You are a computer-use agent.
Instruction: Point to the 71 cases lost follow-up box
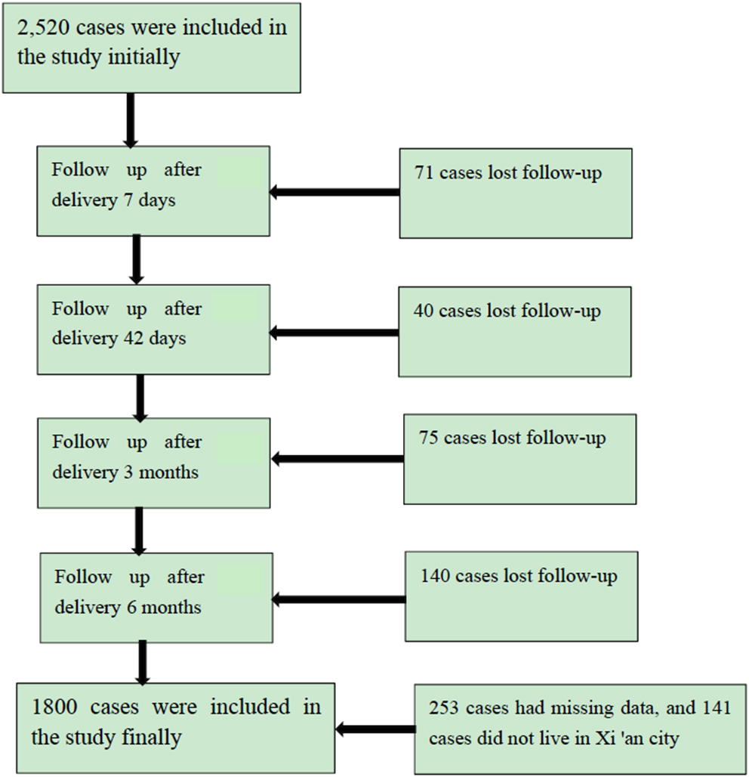[x=516, y=193]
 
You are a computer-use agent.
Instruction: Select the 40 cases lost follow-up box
[x=515, y=331]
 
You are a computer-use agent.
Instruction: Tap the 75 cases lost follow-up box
[x=519, y=458]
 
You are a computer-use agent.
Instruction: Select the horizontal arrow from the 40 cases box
[x=334, y=331]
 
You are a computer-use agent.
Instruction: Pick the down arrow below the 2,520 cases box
[x=130, y=119]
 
